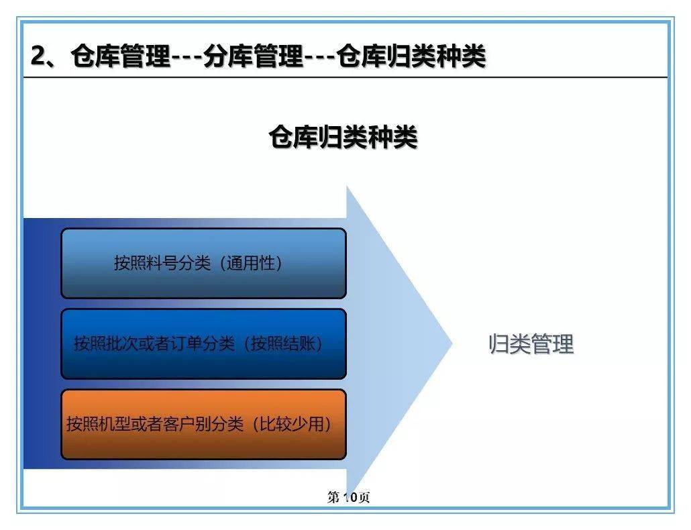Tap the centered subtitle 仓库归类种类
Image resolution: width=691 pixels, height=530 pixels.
[343, 138]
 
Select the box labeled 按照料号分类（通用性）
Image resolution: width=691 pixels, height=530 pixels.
[203, 263]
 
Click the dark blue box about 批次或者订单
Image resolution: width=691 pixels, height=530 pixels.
[203, 344]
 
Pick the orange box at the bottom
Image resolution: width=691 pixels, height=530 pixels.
[203, 425]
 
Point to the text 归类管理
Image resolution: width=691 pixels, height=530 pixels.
[531, 344]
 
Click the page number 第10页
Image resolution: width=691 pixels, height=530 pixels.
[348, 497]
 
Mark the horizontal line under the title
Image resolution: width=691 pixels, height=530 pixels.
[345, 77]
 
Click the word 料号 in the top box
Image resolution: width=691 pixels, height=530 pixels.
[162, 263]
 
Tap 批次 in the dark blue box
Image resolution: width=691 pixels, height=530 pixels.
[123, 344]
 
